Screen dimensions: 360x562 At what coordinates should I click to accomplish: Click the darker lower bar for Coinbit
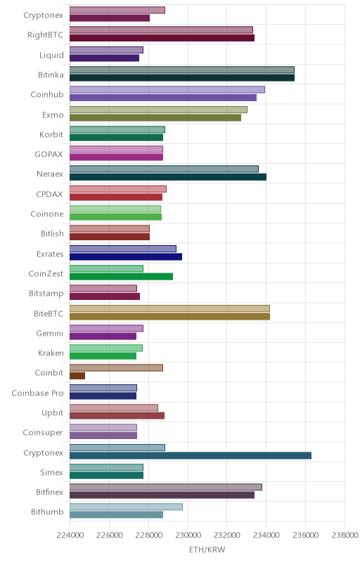tap(77, 376)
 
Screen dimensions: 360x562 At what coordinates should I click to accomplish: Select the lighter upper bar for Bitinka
tap(182, 70)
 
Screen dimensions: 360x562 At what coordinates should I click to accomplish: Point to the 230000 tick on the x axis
tap(188, 535)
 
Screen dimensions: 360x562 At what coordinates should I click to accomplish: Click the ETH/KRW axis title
tap(207, 549)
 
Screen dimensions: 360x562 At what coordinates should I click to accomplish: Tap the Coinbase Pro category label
tap(37, 393)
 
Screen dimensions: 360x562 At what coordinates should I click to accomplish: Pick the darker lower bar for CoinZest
tap(121, 276)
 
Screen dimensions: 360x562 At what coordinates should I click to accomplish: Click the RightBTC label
tap(45, 34)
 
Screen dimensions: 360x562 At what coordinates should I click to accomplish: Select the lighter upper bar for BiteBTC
tap(169, 308)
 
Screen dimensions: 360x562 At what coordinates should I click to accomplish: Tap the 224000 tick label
tap(70, 535)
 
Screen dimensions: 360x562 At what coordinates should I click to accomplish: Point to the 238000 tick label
tap(345, 535)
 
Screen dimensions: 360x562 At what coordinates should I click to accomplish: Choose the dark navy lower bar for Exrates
tap(125, 256)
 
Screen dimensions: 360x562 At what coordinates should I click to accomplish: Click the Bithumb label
tap(47, 511)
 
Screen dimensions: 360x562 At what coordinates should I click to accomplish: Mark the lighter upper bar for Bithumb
tap(126, 507)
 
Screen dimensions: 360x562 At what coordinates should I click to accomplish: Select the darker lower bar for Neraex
tap(168, 177)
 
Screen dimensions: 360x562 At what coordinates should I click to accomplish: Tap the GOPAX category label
tap(49, 154)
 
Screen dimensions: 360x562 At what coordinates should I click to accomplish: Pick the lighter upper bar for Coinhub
tap(167, 90)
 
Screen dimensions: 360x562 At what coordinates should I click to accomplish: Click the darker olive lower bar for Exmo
tap(155, 117)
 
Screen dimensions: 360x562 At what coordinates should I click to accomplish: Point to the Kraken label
tap(51, 353)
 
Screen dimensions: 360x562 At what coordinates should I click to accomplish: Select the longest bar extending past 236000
tap(191, 455)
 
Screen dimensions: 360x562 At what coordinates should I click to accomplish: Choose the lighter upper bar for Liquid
tap(106, 50)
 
